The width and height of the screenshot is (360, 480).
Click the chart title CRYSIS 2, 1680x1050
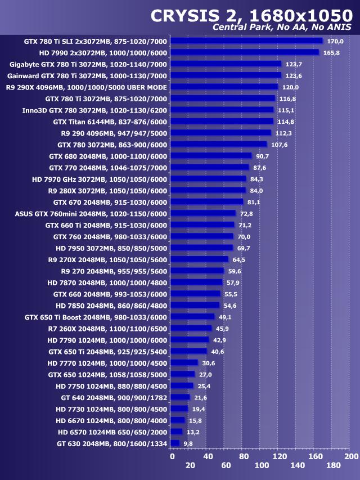251,16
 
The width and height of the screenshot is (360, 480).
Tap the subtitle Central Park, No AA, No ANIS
282,28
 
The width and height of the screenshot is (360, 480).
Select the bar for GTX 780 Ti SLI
246,41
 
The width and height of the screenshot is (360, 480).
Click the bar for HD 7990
245,52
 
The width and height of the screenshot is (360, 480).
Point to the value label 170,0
335,41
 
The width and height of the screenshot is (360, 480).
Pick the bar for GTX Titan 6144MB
222,121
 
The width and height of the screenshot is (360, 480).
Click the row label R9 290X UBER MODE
86,87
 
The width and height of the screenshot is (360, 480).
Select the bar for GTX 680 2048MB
211,156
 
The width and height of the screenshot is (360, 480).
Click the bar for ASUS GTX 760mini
203,213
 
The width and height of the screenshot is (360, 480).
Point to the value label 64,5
239,259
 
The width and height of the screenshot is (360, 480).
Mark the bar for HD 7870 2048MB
196,282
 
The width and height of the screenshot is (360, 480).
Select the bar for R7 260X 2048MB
191,328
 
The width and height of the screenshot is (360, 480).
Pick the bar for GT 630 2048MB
175,443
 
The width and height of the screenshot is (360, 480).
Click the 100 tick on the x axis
262,465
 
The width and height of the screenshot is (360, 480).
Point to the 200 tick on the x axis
351,456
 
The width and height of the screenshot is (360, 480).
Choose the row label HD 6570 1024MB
112,432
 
